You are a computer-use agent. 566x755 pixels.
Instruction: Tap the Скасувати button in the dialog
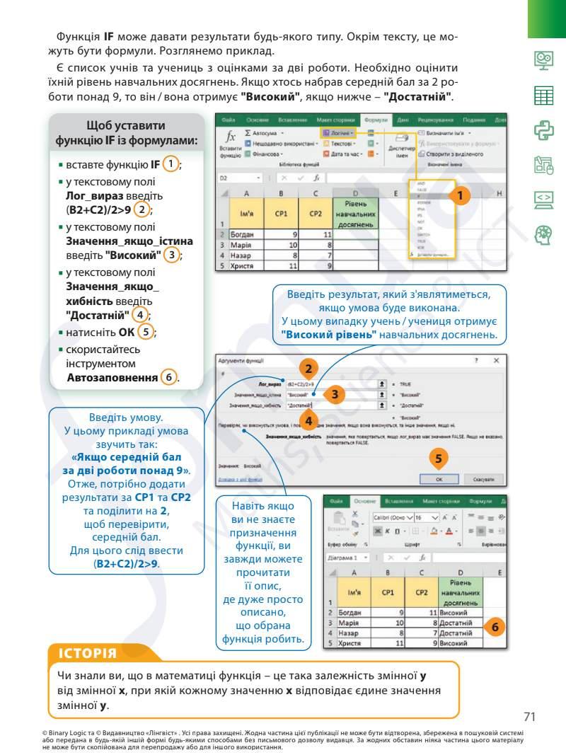(x=484, y=479)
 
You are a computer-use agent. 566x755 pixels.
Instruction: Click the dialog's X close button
(x=497, y=361)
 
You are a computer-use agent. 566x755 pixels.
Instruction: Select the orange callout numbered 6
(x=495, y=627)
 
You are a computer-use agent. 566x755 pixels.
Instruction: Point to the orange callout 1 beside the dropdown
(x=460, y=194)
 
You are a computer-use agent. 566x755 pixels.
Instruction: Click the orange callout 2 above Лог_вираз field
(x=308, y=369)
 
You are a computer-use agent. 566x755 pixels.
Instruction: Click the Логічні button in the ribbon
(x=339, y=132)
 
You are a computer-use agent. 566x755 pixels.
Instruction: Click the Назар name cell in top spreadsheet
(x=246, y=255)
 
